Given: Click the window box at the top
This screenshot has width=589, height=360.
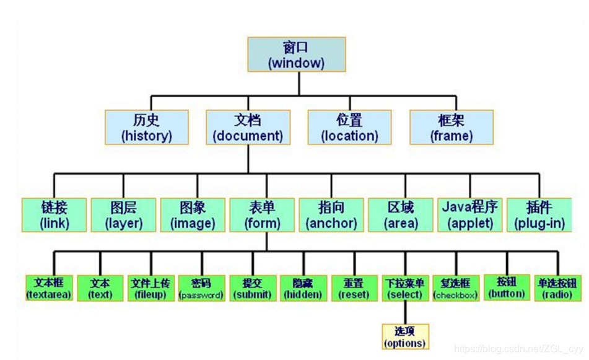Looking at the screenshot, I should (x=296, y=55).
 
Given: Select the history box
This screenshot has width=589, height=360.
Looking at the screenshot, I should (x=146, y=128).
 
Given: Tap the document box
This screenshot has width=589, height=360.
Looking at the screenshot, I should (x=248, y=128).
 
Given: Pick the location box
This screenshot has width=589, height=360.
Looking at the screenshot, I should (x=349, y=128).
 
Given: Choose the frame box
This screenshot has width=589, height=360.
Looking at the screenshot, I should (x=452, y=128).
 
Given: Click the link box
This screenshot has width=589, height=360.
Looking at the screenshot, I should (x=54, y=215).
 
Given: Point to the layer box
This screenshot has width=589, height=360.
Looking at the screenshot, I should (x=123, y=215).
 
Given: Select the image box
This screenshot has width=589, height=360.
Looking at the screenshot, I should (x=193, y=215).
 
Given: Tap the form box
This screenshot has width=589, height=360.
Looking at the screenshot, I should (x=262, y=215).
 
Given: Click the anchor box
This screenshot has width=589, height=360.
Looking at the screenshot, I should (x=331, y=215).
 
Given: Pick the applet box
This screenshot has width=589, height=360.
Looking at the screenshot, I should (x=470, y=215).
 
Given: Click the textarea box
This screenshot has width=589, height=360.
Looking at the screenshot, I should (x=48, y=288).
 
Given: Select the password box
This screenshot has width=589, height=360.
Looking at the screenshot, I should (x=201, y=289).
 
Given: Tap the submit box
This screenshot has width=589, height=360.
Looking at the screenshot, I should (x=251, y=289).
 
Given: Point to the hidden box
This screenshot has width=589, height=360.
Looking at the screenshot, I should (x=302, y=289).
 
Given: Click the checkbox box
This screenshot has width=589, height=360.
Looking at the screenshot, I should (x=455, y=289).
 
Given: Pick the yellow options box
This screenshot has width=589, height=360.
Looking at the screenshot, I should (x=405, y=336).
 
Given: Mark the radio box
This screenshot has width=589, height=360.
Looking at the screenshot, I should (x=557, y=288).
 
